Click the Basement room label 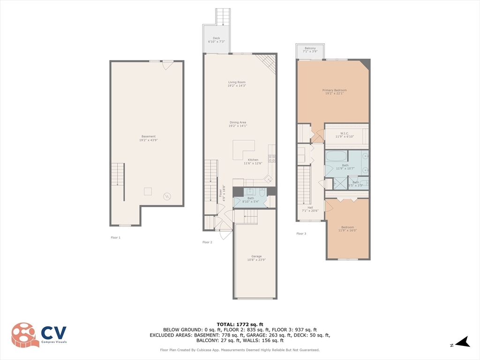tap(148, 138)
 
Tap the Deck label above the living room tap(216, 40)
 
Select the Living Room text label tap(237, 84)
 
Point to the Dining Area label tap(237, 124)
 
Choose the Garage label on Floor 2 tap(256, 258)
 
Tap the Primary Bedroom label tap(334, 92)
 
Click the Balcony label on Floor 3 tap(310, 50)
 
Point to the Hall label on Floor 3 tap(310, 209)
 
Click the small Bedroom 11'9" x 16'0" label tap(347, 229)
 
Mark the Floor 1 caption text tap(115, 238)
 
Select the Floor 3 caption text tap(301, 233)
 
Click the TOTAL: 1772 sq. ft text tap(240, 324)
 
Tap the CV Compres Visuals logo tap(39, 334)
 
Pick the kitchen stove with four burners tap(271, 158)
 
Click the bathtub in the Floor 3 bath tap(336, 157)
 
